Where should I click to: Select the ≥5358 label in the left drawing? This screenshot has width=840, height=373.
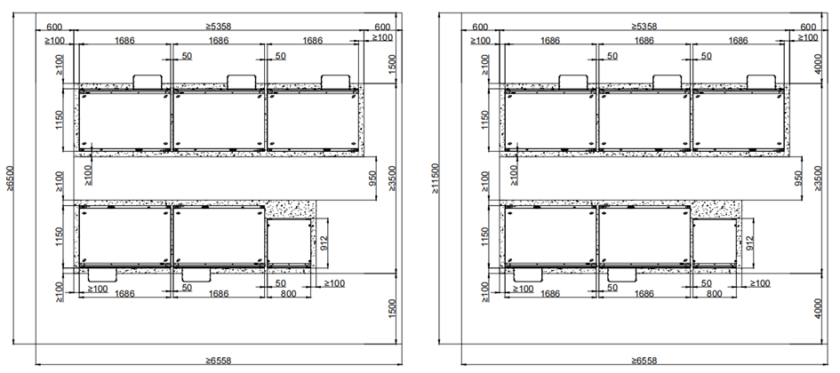[x=219, y=26]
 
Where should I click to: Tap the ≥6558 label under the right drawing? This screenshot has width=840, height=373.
[x=644, y=361]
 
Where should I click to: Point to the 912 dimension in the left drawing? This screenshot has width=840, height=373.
[x=323, y=242]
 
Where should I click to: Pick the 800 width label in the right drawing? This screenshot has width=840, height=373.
[x=714, y=294]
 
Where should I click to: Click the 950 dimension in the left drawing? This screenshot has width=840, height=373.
[x=372, y=179]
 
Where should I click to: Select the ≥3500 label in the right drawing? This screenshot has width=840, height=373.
[x=817, y=179]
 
